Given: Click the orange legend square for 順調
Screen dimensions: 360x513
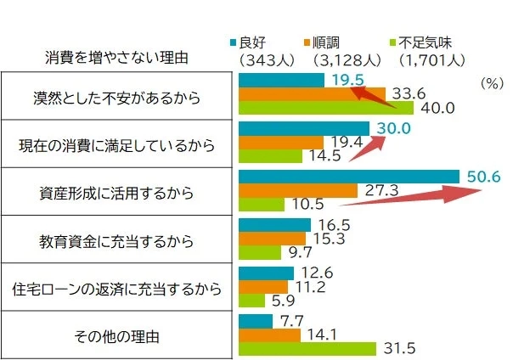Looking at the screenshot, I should coord(313,42).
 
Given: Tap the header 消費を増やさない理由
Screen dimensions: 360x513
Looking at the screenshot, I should coord(116,59).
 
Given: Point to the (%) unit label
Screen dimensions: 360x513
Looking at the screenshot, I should coord(492,84).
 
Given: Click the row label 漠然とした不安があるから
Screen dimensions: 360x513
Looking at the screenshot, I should coord(116,97).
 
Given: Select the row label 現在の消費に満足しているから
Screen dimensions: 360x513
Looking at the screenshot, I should coord(116,145).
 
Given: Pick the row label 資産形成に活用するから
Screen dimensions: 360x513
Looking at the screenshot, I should coord(116,193).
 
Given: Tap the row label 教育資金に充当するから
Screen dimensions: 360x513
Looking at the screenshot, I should coord(116,240).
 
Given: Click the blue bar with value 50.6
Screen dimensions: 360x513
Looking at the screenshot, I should coord(349,177).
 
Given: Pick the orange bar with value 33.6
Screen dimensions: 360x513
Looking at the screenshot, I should coord(312,93).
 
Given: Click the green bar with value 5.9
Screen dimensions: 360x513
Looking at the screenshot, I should coord(252,300).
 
